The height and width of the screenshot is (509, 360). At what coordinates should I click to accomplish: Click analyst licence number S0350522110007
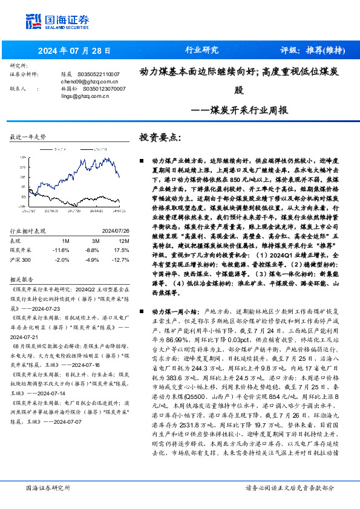(98, 73)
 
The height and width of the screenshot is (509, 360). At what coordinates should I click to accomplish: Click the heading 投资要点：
(160, 137)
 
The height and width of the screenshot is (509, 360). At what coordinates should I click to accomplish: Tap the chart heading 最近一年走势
(28, 137)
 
